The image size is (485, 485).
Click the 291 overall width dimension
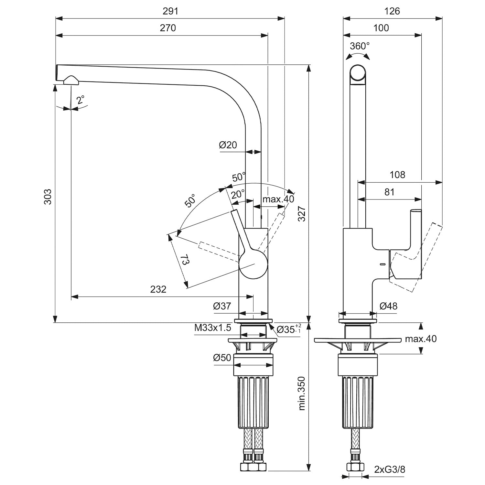(170, 11)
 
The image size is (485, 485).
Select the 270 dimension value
(168, 28)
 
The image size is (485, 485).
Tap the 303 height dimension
(48, 196)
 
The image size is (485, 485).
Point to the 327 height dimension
(301, 214)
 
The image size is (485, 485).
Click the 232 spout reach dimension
(158, 289)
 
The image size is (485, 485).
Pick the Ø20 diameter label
(228, 145)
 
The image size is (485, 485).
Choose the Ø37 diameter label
(222, 306)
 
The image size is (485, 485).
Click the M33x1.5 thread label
(212, 328)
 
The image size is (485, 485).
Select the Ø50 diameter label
(222, 358)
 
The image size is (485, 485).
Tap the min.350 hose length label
(301, 393)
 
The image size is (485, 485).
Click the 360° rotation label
(359, 46)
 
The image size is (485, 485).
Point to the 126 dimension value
(392, 11)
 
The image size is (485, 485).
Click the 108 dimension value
(397, 175)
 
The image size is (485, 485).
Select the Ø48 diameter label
(388, 306)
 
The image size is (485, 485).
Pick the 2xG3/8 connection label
(390, 469)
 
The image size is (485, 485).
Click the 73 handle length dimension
(185, 259)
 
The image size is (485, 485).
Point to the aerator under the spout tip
(71, 80)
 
